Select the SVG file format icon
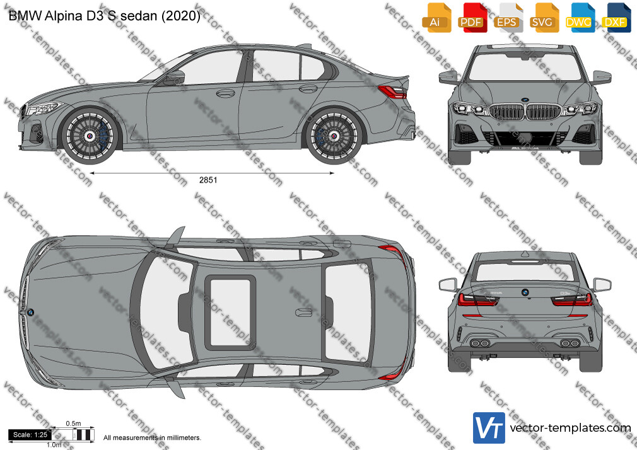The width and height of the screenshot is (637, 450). (x=544, y=18)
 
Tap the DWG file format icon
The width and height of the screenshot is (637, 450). (x=580, y=18)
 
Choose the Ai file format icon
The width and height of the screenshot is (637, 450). (x=436, y=18)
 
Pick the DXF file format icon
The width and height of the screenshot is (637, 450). (x=616, y=18)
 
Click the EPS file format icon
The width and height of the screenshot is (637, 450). (x=508, y=18)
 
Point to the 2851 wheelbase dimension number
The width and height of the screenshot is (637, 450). (x=208, y=180)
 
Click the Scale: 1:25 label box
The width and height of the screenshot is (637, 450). (x=30, y=435)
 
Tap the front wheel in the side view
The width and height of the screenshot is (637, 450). (x=90, y=136)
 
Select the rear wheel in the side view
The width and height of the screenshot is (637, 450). (x=334, y=136)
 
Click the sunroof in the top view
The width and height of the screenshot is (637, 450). (x=230, y=313)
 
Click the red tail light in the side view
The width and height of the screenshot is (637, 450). (x=392, y=92)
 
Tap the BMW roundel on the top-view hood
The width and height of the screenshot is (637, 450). (x=30, y=313)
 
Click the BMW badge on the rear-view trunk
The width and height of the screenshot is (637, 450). (x=525, y=292)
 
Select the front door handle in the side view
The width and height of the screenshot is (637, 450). (x=225, y=93)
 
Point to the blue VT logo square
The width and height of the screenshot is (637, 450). (x=489, y=428)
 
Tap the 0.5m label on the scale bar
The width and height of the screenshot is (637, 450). (x=74, y=424)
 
